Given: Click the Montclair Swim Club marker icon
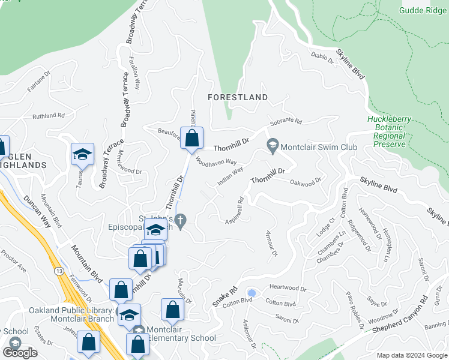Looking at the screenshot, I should tap(273, 146).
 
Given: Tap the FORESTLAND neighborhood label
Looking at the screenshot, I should tap(238, 97).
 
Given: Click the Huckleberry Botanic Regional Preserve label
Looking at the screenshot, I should tap(389, 128).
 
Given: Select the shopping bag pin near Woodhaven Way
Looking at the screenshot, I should tap(191, 138).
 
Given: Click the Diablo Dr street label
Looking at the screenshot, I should tap(322, 58).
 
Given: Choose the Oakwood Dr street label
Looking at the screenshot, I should tap(306, 181).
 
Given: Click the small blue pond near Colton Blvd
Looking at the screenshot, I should tap(252, 293).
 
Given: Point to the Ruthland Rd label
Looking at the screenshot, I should tap(48, 115).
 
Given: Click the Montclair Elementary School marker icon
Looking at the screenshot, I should tap(138, 331).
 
